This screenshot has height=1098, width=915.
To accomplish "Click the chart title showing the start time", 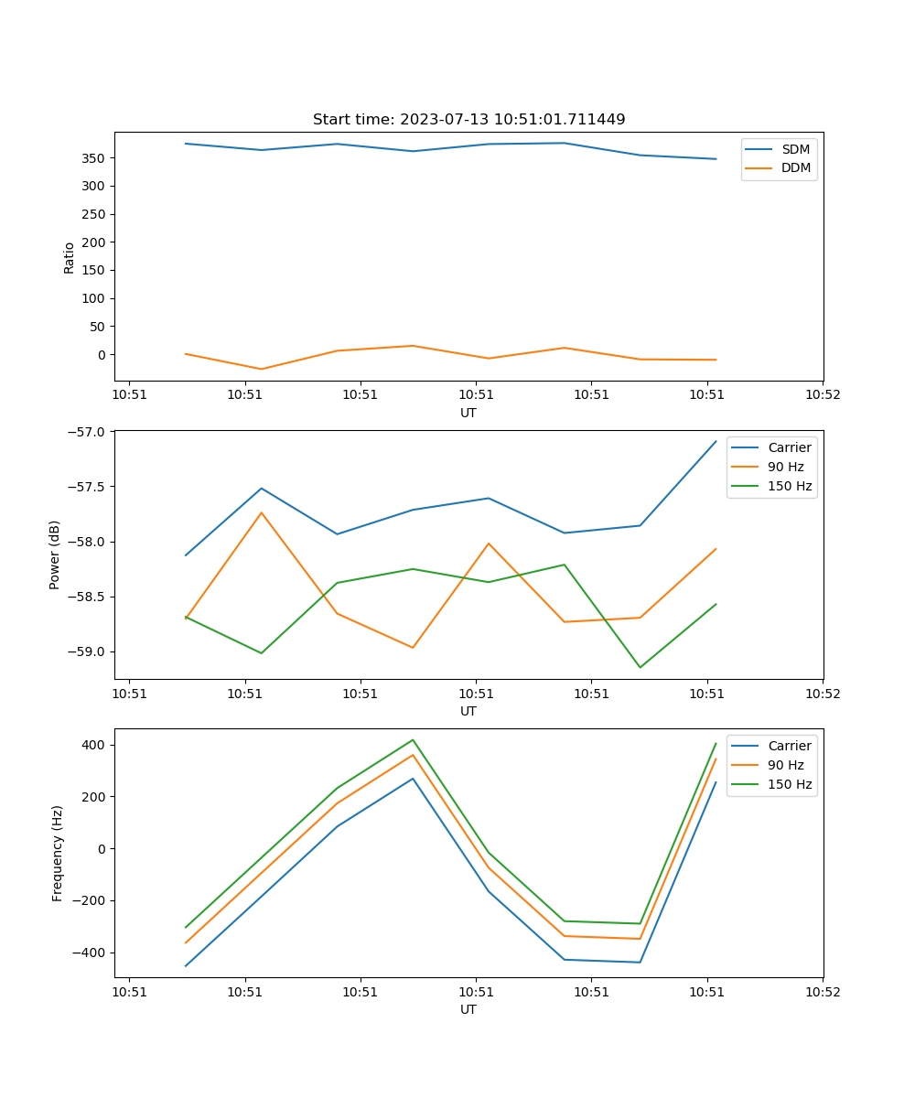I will (468, 120).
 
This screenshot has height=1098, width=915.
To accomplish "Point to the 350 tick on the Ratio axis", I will (95, 158).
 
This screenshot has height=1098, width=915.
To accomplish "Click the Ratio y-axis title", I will (70, 257).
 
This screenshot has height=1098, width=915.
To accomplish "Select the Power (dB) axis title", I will (56, 554).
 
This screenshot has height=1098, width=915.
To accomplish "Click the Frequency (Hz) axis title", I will (58, 853).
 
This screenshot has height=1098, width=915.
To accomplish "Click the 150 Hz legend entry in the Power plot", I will (790, 486).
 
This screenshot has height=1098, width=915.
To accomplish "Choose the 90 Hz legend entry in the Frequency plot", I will (786, 765).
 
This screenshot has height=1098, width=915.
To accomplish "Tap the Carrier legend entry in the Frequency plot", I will (790, 746).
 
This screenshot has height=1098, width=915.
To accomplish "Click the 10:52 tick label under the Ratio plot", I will (822, 395).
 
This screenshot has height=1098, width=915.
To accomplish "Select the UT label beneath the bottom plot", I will (468, 1010).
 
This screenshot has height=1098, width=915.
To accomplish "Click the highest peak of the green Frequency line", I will (413, 739).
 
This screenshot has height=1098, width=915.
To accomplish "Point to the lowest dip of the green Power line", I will (640, 667).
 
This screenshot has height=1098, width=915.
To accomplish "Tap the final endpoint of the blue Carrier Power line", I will (716, 441).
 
